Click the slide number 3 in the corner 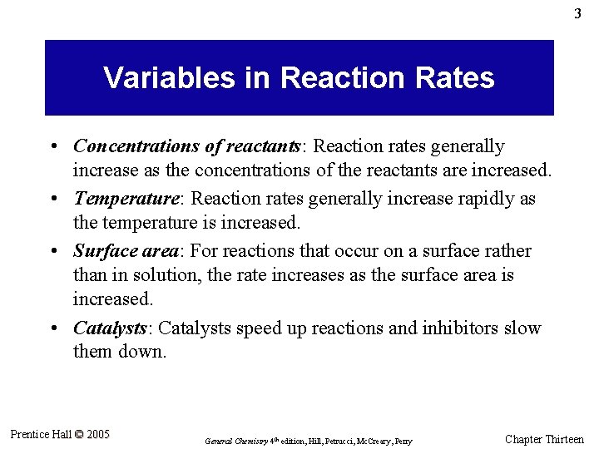point(577,14)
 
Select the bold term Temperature point(125,200)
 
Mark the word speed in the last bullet point(260,328)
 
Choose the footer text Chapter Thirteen point(544,439)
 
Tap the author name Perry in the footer point(402,441)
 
